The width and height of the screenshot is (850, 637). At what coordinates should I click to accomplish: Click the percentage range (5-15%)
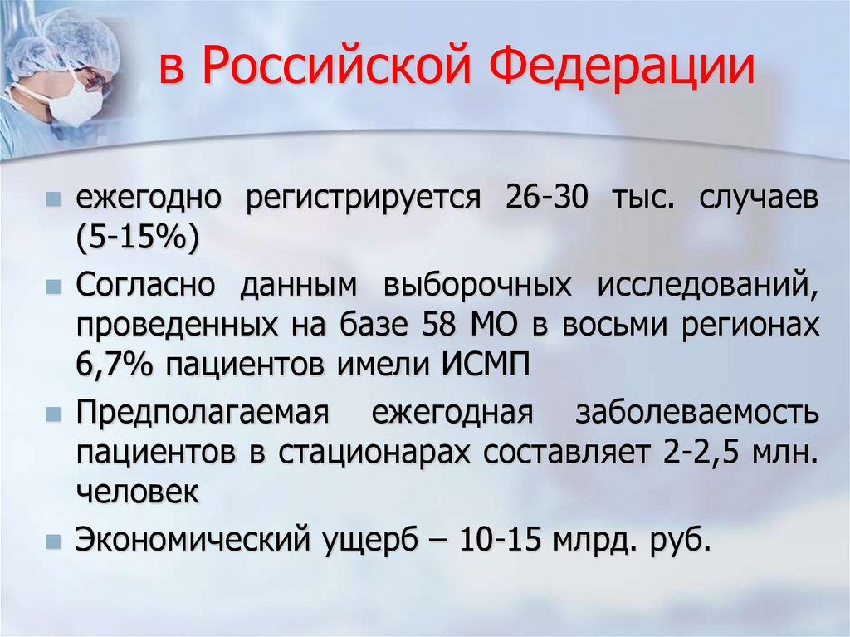(x=138, y=239)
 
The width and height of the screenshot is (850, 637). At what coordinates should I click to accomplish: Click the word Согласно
(x=146, y=286)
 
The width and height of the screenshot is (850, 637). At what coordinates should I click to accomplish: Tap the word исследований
(x=702, y=286)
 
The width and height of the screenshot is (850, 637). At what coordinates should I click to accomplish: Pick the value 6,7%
(x=115, y=365)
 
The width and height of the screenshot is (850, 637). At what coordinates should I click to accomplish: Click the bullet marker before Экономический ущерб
(x=53, y=540)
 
